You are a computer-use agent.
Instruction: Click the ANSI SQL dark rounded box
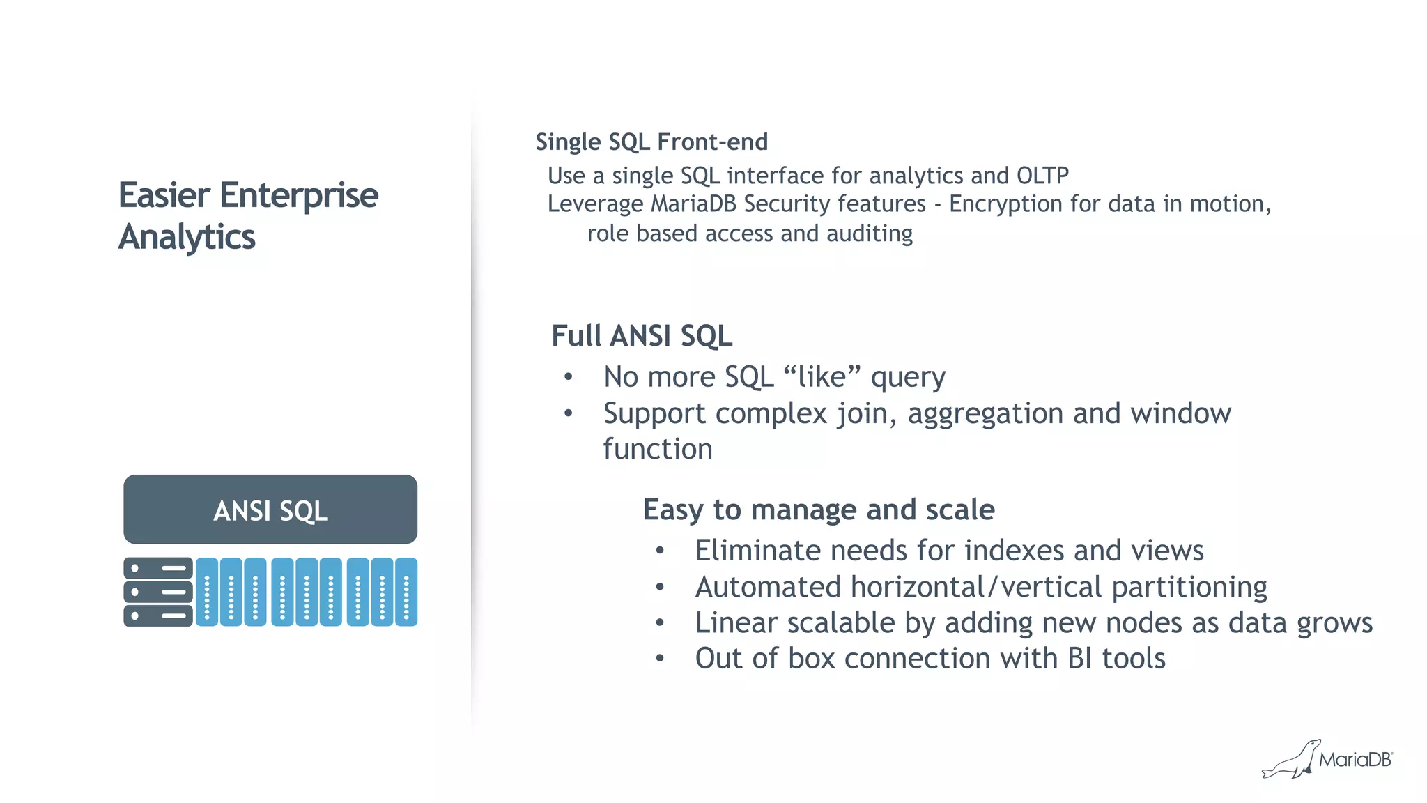point(270,510)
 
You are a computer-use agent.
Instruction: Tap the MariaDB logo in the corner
point(1328,759)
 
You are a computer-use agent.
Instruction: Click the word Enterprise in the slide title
point(299,195)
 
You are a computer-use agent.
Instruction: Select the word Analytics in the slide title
point(187,237)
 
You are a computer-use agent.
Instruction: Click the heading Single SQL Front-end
point(651,142)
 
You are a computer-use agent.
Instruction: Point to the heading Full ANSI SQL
point(642,336)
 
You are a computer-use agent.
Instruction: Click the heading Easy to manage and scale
point(819,510)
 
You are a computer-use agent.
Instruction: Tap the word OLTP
point(1042,176)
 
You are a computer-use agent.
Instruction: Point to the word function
point(658,450)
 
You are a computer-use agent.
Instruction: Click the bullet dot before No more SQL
point(569,377)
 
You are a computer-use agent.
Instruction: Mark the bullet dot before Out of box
point(660,659)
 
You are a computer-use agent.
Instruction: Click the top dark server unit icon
point(158,568)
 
